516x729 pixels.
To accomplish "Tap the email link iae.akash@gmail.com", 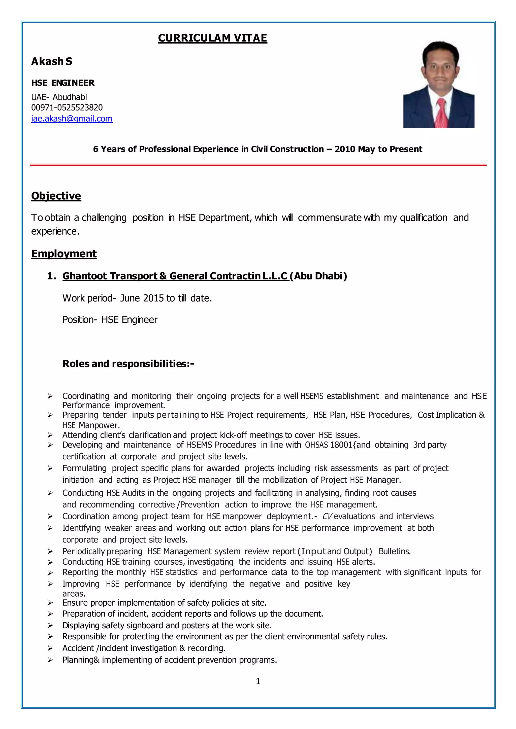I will pyautogui.click(x=72, y=119).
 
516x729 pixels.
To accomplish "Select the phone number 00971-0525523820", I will pyautogui.click(x=67, y=108).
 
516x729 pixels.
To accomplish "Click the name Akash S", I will pyautogui.click(x=52, y=61).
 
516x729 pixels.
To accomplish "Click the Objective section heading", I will pyautogui.click(x=56, y=196).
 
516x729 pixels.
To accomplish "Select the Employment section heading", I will pyautogui.click(x=64, y=254).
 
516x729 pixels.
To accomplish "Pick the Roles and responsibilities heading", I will pyautogui.click(x=128, y=363).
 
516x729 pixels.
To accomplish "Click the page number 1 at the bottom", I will pyautogui.click(x=258, y=681).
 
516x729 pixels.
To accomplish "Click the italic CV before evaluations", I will pyautogui.click(x=327, y=516).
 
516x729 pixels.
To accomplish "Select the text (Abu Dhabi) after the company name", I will pyautogui.click(x=318, y=276).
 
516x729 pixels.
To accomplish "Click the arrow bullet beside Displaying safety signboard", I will pyautogui.click(x=50, y=625).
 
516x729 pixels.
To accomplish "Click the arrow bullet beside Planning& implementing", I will pyautogui.click(x=50, y=660).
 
